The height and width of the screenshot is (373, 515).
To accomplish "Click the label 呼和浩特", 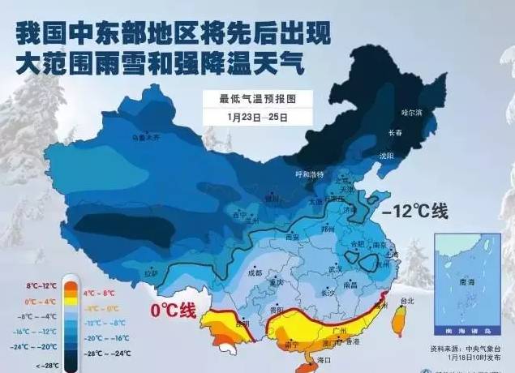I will coord(309,174).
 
